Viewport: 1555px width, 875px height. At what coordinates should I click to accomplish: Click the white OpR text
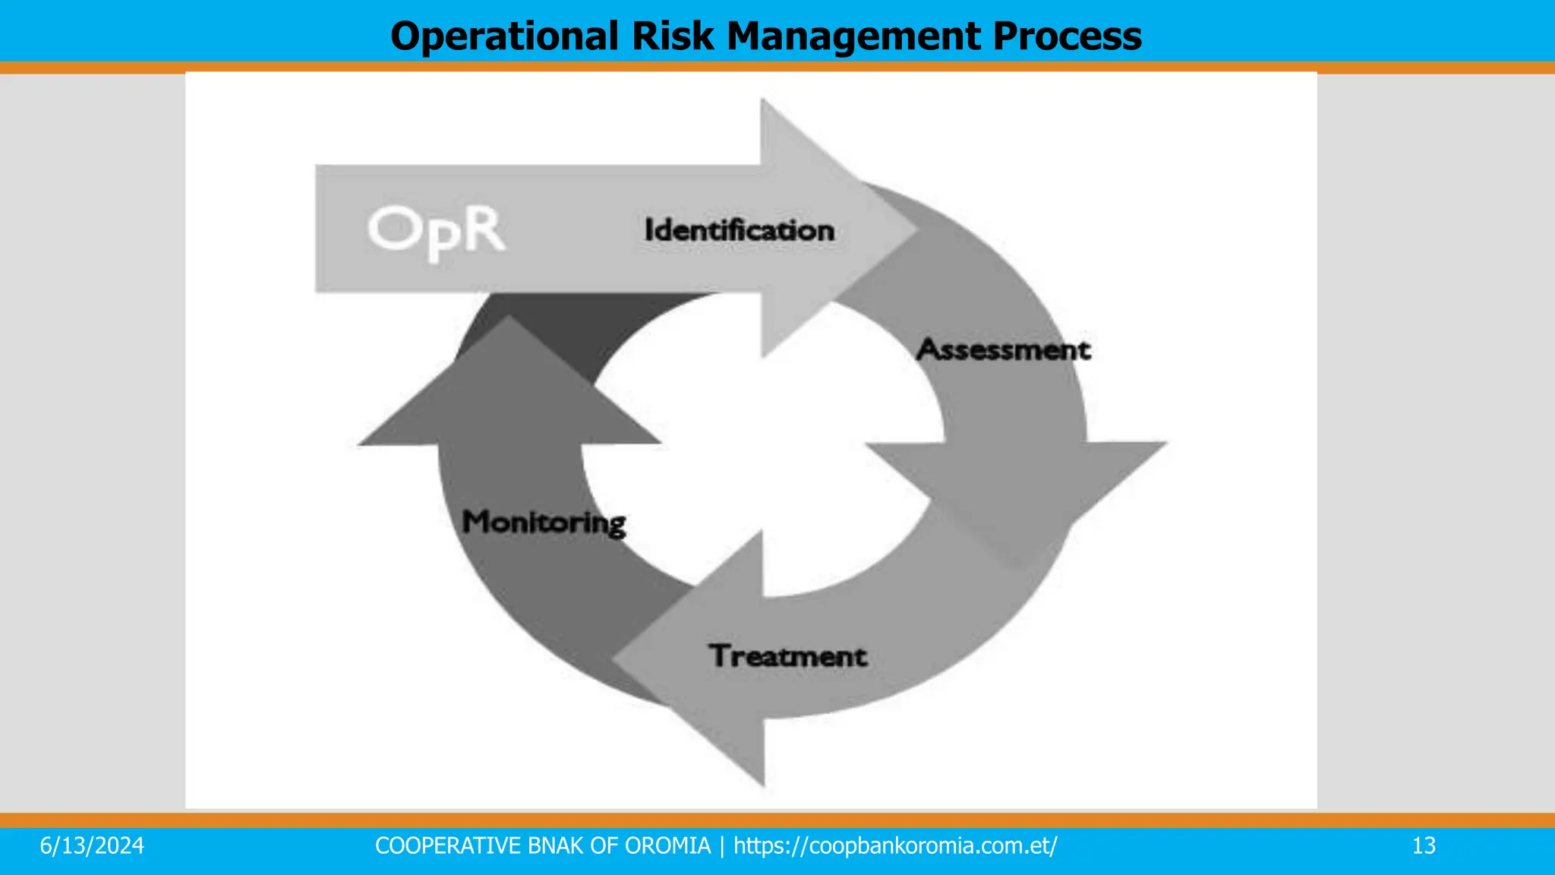[436, 231]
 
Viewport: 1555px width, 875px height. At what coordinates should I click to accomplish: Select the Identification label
[739, 230]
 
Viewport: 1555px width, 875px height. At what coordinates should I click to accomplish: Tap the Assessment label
[1003, 349]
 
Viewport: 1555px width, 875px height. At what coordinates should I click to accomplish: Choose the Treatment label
[788, 656]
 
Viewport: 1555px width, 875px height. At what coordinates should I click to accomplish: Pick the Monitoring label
[544, 523]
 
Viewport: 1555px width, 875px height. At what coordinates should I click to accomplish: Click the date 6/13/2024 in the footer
[92, 846]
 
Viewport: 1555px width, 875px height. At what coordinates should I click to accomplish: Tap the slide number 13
[1424, 846]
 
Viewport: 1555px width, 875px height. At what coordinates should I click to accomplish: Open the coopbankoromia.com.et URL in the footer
[895, 846]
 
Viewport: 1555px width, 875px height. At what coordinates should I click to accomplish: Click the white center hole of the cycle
[759, 448]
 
